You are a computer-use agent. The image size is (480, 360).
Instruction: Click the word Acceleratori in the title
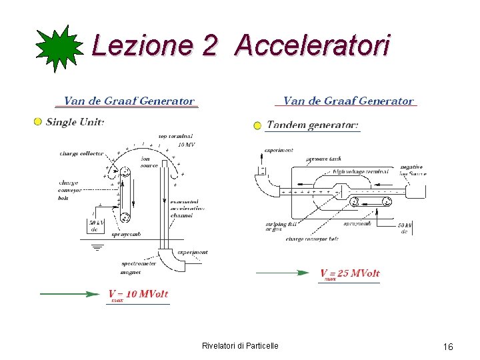pos(312,45)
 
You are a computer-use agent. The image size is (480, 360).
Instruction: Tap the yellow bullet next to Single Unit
pos(38,121)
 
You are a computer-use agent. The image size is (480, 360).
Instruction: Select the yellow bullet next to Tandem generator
pos(257,125)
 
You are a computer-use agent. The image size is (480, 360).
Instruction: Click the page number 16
pos(448,347)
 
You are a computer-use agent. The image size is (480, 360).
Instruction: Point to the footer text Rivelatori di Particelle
pos(240,345)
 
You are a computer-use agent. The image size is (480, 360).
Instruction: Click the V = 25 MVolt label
pos(349,273)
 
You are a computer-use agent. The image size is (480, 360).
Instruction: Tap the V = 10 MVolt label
pos(138,294)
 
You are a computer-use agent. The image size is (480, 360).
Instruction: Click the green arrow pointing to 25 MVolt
pos(283,272)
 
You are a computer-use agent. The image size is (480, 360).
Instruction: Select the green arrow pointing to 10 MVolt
pos(69,293)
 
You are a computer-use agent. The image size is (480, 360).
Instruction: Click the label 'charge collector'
pos(82,153)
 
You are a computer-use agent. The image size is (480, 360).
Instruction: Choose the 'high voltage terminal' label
pos(360,171)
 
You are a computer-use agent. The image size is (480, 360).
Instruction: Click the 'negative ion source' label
pos(413,170)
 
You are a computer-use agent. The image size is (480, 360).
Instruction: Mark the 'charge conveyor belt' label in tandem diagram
pos(312,238)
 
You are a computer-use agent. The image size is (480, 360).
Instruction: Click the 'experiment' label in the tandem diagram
pos(279,150)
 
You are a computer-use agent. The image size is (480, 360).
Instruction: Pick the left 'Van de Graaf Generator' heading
pos(129,101)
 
